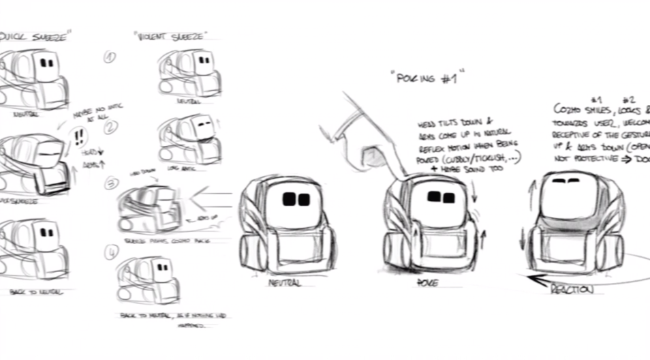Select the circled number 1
[x=110, y=57]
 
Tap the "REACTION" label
[x=572, y=289]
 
